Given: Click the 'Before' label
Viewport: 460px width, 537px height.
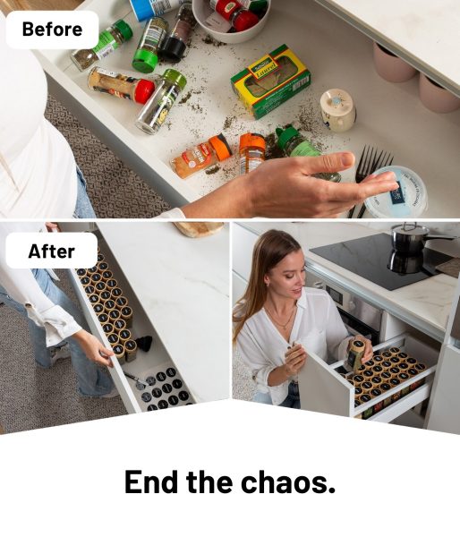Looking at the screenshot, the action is click(x=52, y=30).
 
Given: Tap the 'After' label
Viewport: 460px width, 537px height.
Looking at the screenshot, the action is click(x=51, y=251).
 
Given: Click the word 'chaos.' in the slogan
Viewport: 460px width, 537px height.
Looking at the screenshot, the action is click(x=287, y=482).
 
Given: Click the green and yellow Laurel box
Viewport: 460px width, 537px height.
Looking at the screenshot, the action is click(x=270, y=81).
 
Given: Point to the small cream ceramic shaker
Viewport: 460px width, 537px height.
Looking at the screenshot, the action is click(x=337, y=109).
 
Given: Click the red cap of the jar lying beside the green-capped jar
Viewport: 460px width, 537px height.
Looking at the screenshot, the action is click(x=145, y=91).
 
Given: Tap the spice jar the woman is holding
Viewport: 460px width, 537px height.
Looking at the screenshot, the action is click(x=357, y=354).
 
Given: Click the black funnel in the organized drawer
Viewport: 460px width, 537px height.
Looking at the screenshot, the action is click(x=143, y=345).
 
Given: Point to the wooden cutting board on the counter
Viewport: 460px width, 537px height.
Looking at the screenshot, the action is click(x=199, y=228).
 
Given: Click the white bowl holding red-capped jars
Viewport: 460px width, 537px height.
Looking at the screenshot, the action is click(x=232, y=21).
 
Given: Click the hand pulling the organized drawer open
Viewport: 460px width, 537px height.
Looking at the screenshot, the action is click(x=98, y=350).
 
